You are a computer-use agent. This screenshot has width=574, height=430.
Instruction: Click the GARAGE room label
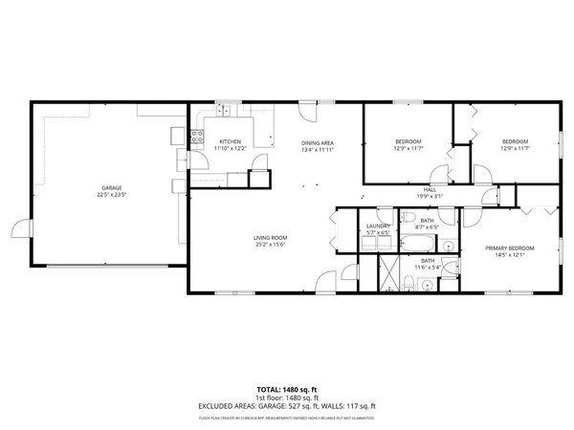tap(112, 187)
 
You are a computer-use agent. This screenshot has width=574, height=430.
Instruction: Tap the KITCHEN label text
tap(230, 142)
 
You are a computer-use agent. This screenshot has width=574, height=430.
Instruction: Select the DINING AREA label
tap(317, 142)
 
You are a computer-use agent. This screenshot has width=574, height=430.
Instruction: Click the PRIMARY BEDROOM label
tap(514, 248)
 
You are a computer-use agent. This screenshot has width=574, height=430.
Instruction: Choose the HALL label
tap(430, 190)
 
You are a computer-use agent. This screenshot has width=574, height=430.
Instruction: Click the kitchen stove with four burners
tap(197, 137)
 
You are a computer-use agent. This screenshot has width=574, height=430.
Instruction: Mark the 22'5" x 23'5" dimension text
tap(112, 194)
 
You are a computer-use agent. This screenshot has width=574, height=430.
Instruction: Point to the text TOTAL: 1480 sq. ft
tap(287, 390)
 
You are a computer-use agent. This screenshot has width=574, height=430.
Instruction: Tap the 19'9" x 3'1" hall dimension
tap(430, 197)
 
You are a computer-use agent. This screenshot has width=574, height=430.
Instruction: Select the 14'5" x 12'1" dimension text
tap(514, 255)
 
